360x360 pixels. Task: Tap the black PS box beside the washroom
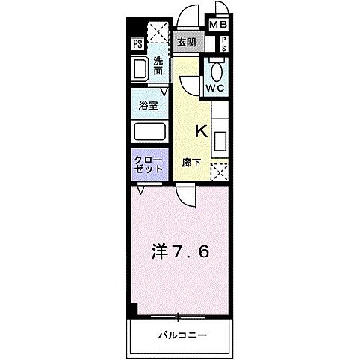point(138,44)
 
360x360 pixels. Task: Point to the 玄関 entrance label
point(186,43)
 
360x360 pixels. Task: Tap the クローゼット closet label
point(148,165)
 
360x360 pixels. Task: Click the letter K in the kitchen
point(200,131)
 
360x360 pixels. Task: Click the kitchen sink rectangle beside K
point(220,141)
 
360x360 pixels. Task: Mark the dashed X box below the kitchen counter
point(219,172)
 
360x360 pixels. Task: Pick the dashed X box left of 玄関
point(159,32)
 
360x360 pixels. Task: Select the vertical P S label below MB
point(224,43)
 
